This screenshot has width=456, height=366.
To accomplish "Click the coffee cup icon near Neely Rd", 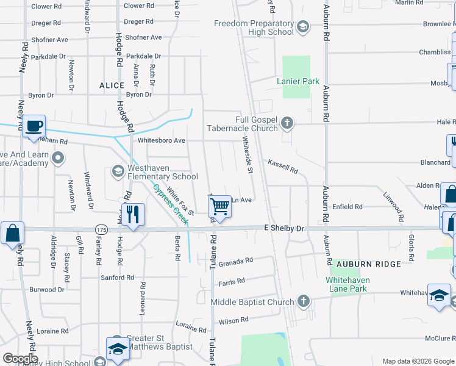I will pos(35,126).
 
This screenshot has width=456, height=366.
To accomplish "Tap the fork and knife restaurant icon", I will pos(132,214).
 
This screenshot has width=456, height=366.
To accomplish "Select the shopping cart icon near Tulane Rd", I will pos(219,207).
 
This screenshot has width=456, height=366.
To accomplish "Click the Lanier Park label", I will pos(298,81).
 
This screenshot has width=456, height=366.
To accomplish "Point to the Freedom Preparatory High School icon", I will pos(304,27).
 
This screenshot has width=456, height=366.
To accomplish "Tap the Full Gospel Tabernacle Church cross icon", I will pos(287,124).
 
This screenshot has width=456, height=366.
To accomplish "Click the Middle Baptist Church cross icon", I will pos(304,301).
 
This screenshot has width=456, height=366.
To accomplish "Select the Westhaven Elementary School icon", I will pos(117,171).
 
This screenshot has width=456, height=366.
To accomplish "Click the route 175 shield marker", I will pos(101,228).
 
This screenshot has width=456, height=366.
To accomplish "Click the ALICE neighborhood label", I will pos(112,86).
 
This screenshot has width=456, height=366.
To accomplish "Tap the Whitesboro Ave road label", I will pos(162,140).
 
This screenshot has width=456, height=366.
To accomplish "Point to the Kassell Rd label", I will pos(283,166).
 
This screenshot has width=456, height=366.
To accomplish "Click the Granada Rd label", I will pos(235,261).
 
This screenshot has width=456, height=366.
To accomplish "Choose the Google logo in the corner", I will pos(20,359).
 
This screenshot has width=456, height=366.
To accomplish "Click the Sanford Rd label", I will pos(117,278).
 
